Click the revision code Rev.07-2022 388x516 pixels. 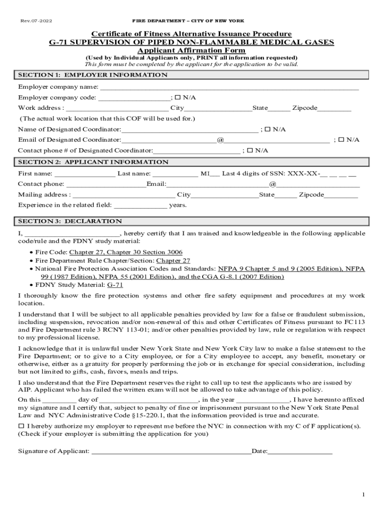tap(36, 21)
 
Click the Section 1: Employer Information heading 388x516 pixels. tap(93, 75)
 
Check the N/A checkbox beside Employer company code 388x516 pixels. tap(178, 97)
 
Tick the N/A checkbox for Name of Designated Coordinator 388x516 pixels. tap(268, 129)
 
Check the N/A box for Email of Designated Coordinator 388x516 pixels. tap(341, 140)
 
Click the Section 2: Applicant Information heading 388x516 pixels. tap(93, 162)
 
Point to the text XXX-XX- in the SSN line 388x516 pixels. tap(303, 173)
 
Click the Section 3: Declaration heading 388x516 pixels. tap(70, 221)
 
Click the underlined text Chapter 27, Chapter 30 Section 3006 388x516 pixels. tap(126, 252)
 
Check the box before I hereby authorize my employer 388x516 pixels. tap(21, 426)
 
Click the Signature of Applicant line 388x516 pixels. tap(171, 451)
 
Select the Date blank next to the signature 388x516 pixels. tap(300, 451)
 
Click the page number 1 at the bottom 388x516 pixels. tap(363, 495)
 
